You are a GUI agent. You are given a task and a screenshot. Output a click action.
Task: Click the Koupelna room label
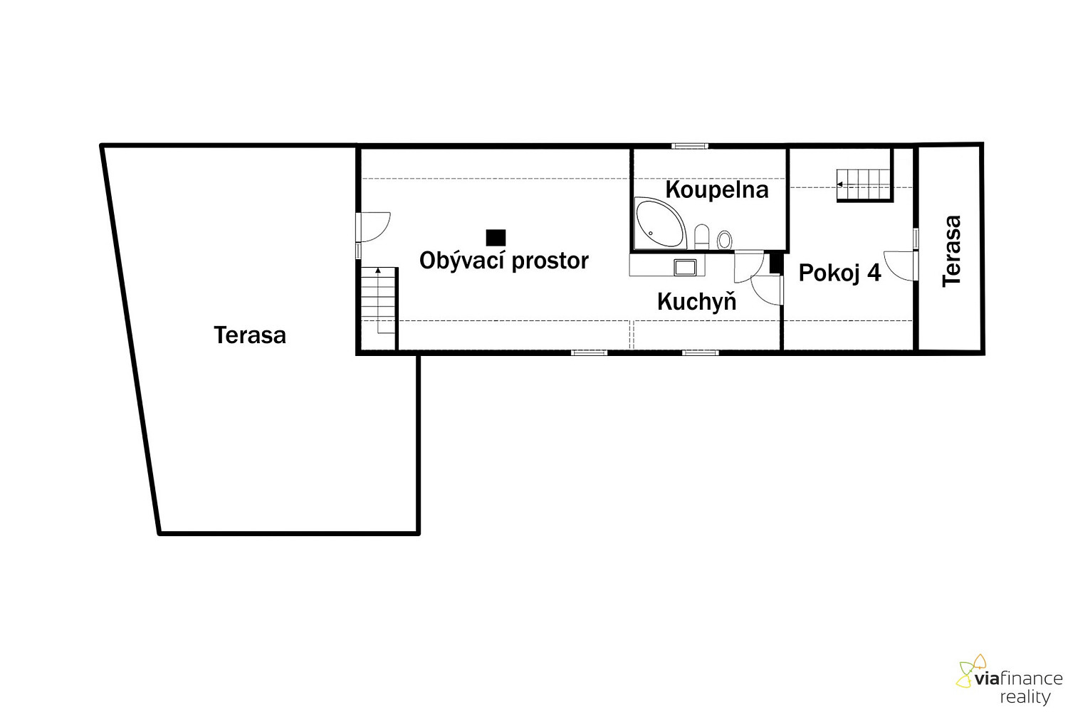716,190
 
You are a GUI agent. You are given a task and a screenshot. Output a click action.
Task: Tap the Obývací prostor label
504,261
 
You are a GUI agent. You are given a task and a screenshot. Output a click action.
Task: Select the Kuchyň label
696,300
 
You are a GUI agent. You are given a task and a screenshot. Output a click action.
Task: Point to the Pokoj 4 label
839,273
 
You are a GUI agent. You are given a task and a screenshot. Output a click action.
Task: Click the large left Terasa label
250,335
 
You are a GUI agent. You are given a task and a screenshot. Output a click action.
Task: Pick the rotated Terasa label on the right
952,251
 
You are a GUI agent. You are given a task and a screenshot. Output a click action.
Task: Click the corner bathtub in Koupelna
661,223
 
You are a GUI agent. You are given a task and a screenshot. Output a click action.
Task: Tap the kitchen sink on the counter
685,266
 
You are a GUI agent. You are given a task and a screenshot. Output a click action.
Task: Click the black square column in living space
496,238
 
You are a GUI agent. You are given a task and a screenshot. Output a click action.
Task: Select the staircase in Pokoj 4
864,185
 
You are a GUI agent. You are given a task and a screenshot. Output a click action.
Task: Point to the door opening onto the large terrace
374,227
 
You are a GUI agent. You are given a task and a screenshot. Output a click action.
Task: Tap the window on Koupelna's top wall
689,147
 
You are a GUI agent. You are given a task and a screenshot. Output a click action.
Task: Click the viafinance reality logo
1010,680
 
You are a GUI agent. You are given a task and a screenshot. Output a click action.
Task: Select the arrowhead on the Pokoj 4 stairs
839,184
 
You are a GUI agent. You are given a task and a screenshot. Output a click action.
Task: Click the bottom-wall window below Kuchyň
700,353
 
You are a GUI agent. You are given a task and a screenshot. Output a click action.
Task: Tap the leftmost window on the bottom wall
590,353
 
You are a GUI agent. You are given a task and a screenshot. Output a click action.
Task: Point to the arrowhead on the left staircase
378,271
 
